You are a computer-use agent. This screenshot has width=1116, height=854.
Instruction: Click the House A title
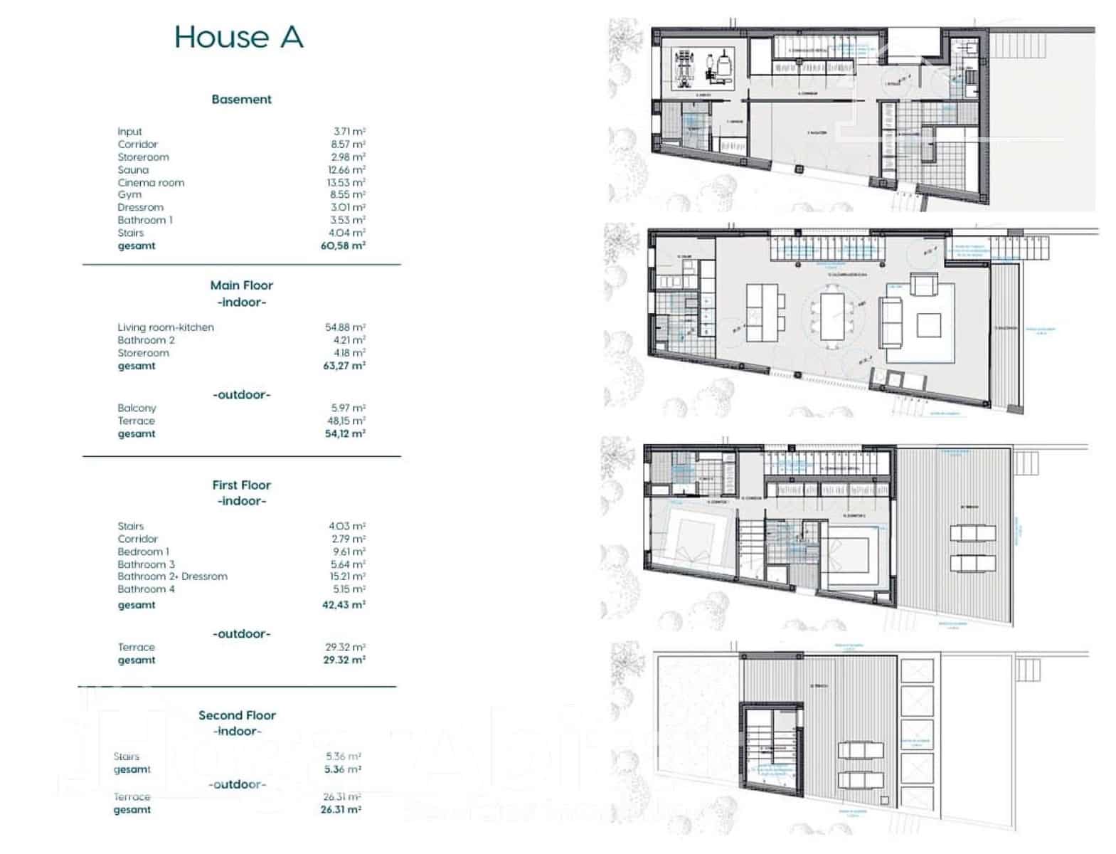239,37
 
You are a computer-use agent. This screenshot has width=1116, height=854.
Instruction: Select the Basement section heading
241,100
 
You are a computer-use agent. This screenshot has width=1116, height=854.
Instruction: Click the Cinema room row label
151,183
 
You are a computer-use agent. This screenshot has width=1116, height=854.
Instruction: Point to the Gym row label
129,194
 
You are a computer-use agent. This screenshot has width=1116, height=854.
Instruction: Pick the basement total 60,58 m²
343,246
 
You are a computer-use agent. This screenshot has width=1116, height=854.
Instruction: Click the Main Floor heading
241,285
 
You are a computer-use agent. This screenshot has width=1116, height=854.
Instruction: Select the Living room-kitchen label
166,327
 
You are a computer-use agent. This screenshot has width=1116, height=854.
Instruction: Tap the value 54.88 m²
345,327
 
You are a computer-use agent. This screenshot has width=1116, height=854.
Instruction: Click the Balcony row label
137,408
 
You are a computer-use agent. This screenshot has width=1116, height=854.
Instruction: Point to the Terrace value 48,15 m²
346,421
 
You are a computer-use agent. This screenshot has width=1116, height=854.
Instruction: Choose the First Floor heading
241,485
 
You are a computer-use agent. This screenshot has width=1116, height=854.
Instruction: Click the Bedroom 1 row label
144,552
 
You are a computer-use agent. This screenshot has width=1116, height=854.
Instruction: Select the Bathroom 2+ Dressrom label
173,576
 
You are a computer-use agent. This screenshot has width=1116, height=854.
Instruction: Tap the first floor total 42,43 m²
344,605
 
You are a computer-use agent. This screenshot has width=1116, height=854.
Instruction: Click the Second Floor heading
237,715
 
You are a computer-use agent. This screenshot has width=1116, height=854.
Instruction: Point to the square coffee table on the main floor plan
928,325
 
